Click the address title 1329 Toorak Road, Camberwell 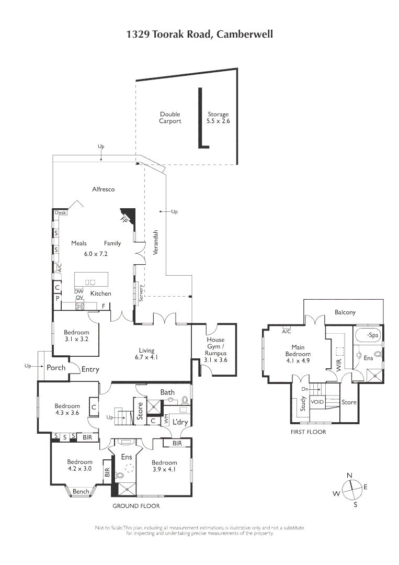point(199,35)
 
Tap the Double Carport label point(170,118)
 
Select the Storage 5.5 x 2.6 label point(218,118)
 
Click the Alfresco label point(103,189)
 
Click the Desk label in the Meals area point(60,213)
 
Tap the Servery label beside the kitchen point(141,292)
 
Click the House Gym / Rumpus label point(215,350)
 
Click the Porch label point(56,368)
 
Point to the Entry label point(90,369)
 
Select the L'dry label point(180,422)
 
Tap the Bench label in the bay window point(81,492)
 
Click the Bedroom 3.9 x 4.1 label point(164,466)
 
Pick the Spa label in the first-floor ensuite point(372,335)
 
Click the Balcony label point(345,312)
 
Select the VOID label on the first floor point(317,402)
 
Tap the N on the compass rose point(349,475)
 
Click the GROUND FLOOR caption point(136,506)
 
